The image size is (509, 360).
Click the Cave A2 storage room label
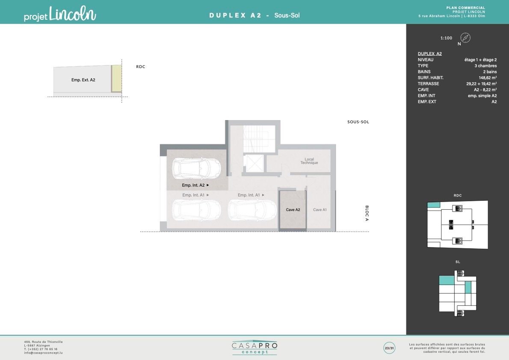click(x=293, y=210)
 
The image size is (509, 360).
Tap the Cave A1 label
click(x=320, y=210)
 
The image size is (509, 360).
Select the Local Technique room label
click(x=309, y=161)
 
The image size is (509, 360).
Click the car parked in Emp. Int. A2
click(x=196, y=168)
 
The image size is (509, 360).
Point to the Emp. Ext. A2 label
click(x=83, y=80)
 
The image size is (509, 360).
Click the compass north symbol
click(x=465, y=38)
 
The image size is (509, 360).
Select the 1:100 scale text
click(x=447, y=38)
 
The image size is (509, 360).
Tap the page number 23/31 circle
click(x=389, y=348)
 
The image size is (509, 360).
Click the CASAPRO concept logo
click(x=254, y=348)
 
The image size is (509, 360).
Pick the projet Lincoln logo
click(x=60, y=14)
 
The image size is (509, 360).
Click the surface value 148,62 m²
click(x=488, y=77)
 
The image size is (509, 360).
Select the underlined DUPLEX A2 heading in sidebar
click(x=429, y=54)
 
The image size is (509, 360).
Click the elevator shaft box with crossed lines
click(x=253, y=163)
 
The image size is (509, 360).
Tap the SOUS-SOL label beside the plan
click(x=358, y=122)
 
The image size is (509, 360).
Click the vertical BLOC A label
click(x=367, y=213)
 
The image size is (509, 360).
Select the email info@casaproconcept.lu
click(x=43, y=353)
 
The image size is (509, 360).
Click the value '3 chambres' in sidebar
click(x=485, y=65)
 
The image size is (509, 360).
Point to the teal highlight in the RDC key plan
click(x=433, y=205)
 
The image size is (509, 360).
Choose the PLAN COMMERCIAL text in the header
click(x=465, y=8)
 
